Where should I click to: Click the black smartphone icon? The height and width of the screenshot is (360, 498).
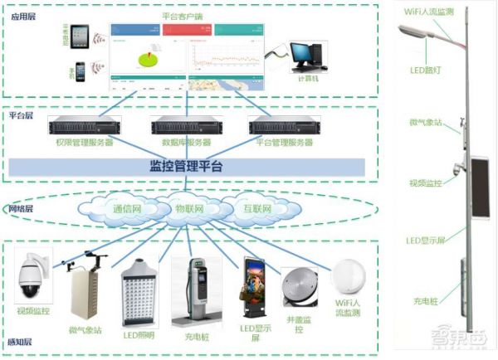[81, 71]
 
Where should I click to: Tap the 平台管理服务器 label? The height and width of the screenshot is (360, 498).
[283, 143]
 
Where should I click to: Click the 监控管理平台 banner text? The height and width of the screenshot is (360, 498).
[186, 167]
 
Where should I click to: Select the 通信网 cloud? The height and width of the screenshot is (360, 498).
[127, 208]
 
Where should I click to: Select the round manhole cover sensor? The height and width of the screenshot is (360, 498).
[297, 286]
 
